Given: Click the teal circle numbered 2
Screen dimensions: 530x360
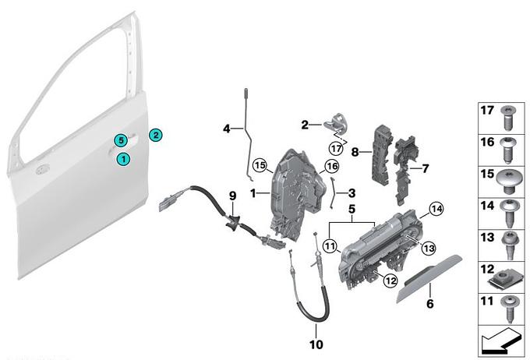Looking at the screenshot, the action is point(155,136).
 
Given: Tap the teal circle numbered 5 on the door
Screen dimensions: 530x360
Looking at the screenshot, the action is point(121,140).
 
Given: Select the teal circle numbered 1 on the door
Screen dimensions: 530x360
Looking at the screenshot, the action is point(123,159).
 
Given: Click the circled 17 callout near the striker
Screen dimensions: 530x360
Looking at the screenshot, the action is point(337,148).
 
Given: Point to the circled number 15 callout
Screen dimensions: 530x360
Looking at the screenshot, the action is point(260,166).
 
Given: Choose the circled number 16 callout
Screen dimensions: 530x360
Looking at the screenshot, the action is point(331,166).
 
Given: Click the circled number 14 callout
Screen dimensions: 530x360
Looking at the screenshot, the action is point(436,210).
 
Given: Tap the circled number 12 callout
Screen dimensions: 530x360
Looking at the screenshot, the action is point(390,281).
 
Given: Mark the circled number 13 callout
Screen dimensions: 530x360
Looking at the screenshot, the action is point(429,249).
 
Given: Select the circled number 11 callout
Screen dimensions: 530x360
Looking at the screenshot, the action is point(330,245).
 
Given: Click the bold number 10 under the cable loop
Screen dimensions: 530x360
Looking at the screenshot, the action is point(316,344).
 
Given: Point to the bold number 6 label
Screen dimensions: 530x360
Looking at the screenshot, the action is point(429,304).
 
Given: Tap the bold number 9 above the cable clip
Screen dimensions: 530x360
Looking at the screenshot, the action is point(232,196).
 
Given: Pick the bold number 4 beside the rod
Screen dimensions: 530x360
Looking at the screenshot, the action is point(227,129).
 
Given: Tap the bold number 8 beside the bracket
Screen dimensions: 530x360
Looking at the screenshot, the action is point(355,152).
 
